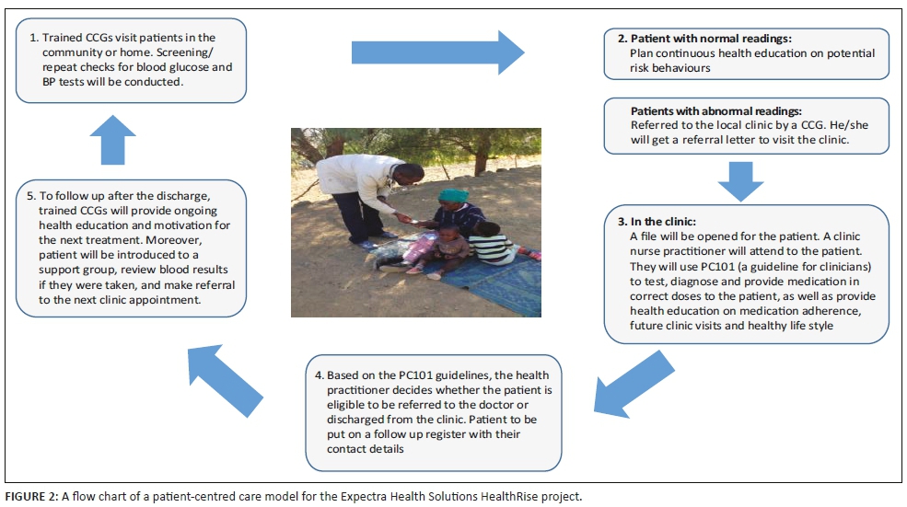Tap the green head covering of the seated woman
[452, 196]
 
